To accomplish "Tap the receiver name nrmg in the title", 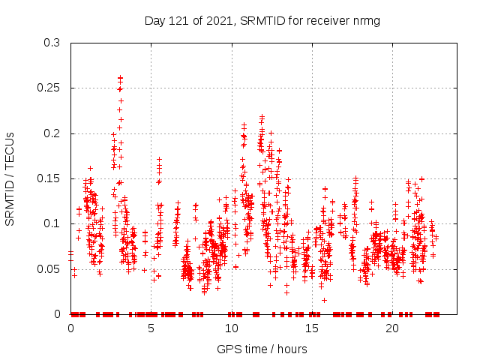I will pos(364,21).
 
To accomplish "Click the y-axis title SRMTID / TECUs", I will pos(10,178).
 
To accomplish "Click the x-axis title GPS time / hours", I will pos(262,349).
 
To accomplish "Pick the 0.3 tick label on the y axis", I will pos(52,43).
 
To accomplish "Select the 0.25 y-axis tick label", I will pos(49,88).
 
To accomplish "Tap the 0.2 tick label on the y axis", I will pos(52,133).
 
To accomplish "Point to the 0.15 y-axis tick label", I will pos(49,178).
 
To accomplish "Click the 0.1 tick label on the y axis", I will pos(52,223).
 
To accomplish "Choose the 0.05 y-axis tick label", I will pos(49,268).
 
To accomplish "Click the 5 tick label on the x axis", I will pos(151,328).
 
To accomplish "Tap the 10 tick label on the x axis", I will pos(232,328).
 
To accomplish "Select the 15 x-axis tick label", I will pos(312,328).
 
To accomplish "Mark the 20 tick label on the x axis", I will pos(392,328).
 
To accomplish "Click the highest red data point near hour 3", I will pos(120,77).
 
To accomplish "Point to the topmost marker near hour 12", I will pos(262,116).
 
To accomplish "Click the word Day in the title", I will pos(155,21).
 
